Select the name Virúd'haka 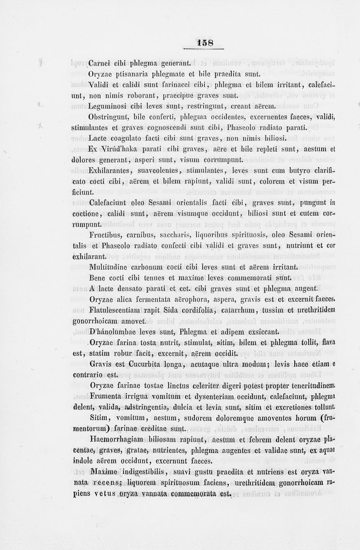(118, 149)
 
